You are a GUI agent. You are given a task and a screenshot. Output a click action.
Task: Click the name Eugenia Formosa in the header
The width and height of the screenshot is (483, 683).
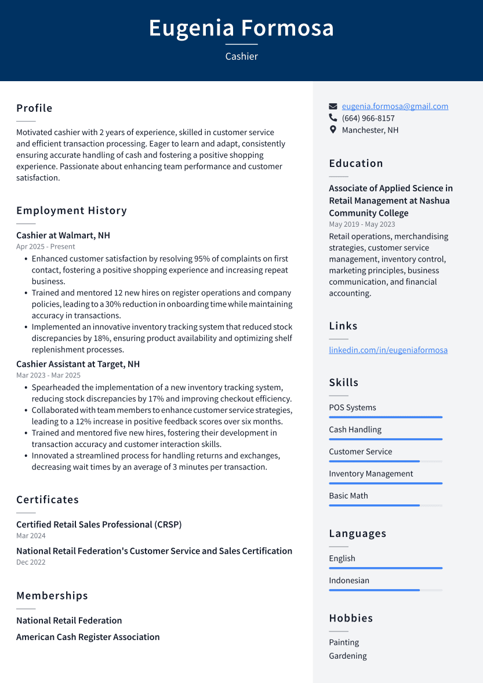tap(241, 28)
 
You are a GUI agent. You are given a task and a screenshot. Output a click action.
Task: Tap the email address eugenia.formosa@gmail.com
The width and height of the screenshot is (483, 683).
tap(395, 106)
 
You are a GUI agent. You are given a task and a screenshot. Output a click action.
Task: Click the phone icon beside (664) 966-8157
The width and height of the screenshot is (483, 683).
tap(333, 118)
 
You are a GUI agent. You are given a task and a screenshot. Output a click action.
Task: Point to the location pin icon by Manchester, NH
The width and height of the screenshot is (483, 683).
tap(333, 130)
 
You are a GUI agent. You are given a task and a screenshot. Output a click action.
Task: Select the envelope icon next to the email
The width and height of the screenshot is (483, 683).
tap(333, 106)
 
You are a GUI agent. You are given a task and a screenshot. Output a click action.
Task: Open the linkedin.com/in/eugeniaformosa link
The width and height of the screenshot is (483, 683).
tap(388, 350)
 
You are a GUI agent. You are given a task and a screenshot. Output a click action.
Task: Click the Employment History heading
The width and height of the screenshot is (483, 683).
tap(71, 210)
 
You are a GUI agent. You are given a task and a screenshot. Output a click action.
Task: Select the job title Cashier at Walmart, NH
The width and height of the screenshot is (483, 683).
tap(63, 235)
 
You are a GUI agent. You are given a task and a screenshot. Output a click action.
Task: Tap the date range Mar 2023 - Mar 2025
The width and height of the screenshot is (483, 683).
tap(48, 375)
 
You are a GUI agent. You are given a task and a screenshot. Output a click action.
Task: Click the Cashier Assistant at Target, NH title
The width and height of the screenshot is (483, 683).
tap(78, 364)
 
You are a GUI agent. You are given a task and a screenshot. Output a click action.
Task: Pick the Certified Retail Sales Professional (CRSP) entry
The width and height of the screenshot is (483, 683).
tap(99, 524)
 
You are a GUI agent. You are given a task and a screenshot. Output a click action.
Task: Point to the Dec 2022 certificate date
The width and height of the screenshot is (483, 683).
tap(31, 562)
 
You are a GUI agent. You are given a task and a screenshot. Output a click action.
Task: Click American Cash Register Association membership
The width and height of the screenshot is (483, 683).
tap(88, 637)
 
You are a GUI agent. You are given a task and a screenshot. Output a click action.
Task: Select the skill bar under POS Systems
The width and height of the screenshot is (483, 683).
tap(386, 417)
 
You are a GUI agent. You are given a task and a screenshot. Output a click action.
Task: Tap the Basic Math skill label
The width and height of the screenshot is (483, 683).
tap(348, 496)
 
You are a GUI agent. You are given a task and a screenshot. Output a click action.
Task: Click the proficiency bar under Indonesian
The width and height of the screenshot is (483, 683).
tap(386, 590)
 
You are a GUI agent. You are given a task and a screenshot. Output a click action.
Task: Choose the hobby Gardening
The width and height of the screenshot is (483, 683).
tap(348, 656)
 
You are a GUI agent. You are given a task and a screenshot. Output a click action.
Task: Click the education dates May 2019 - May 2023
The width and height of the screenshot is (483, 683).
tap(362, 224)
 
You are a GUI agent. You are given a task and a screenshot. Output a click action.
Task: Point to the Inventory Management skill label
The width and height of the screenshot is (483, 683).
tap(371, 474)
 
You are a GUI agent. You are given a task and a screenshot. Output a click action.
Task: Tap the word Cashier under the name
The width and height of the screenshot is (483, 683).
tap(241, 56)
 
